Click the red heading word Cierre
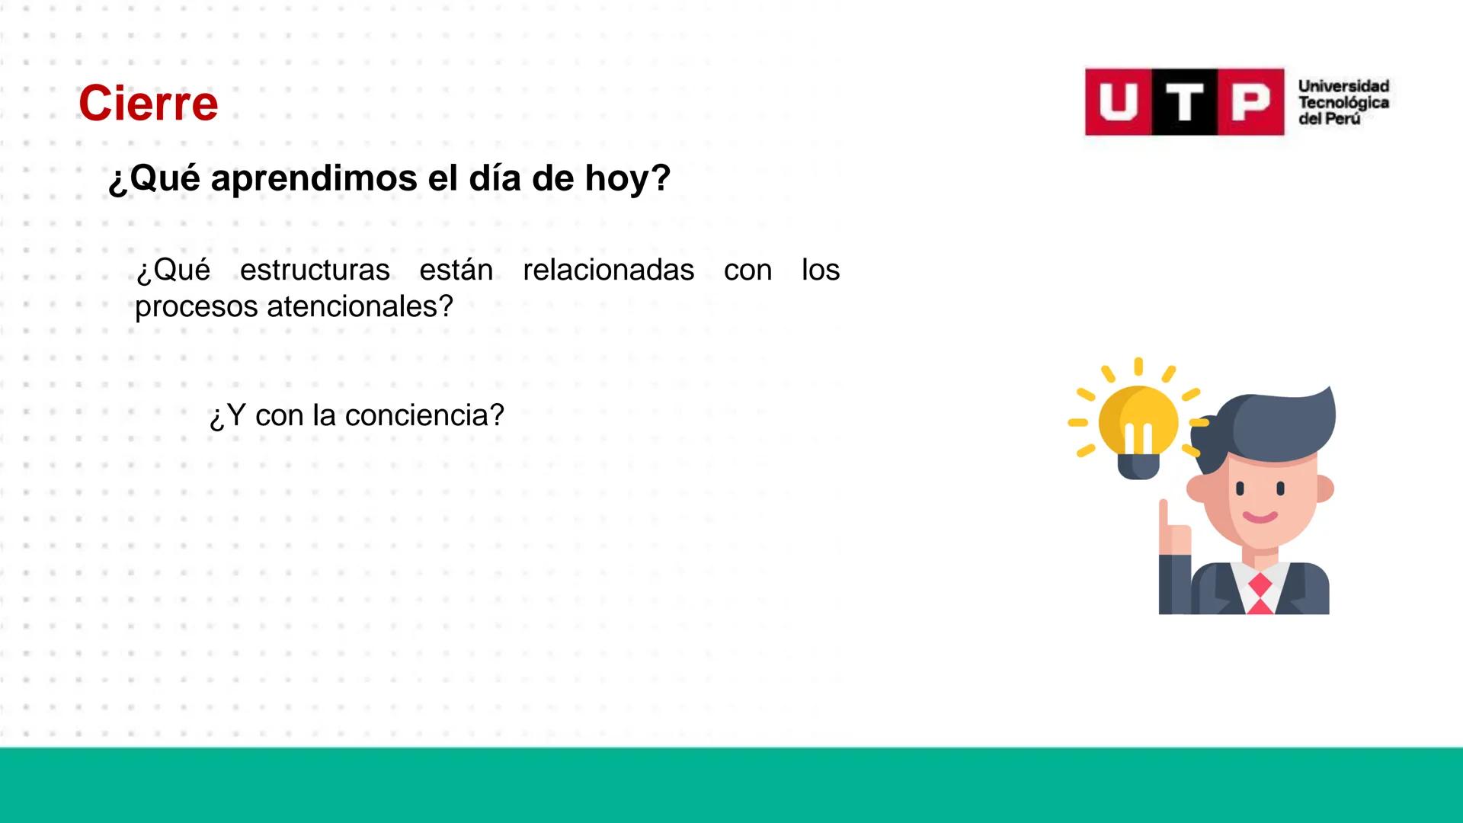[x=148, y=104]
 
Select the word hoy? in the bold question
[x=628, y=179]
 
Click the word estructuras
[x=315, y=271]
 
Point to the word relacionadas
[x=608, y=271]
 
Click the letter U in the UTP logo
[x=1119, y=102]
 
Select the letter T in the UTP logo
[x=1184, y=102]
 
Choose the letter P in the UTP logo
[x=1251, y=102]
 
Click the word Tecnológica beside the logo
[x=1343, y=103]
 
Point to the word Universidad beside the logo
[x=1343, y=86]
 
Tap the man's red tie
[x=1260, y=594]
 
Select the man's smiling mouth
[x=1260, y=517]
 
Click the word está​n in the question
[x=456, y=271]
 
